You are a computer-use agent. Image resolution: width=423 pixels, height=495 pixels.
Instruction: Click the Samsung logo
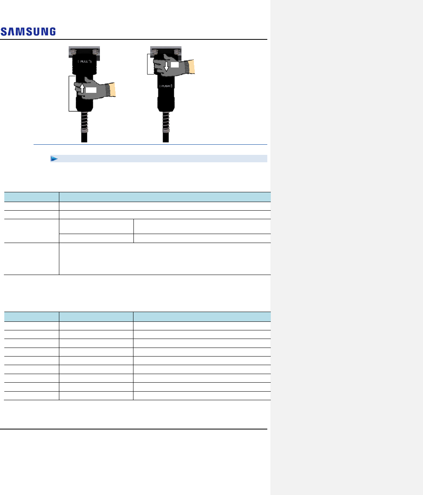28,32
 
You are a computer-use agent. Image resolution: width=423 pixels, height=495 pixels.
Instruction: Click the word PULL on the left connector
84,62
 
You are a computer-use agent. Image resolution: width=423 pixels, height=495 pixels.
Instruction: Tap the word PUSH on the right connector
165,86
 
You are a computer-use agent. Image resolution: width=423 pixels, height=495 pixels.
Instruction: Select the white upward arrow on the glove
82,88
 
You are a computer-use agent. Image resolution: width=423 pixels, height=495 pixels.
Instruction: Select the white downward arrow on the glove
166,66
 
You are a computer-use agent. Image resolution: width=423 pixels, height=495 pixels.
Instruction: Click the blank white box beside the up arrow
91,90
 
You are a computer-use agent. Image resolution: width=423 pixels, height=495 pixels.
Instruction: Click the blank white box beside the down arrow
175,65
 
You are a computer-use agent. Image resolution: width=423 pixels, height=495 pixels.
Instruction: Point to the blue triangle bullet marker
54,158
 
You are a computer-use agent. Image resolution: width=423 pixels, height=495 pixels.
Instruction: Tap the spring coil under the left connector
84,122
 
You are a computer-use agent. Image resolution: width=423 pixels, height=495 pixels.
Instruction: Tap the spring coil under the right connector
166,122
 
